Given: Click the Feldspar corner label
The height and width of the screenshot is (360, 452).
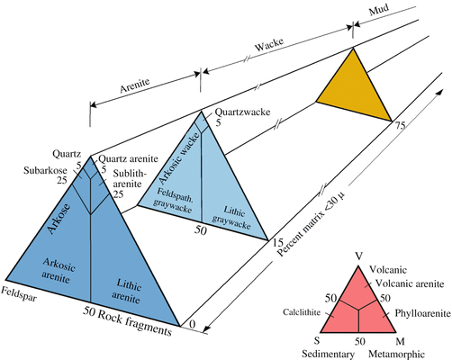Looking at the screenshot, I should pos(18,293).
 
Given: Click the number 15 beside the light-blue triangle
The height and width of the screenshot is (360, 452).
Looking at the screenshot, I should pos(278,242).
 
